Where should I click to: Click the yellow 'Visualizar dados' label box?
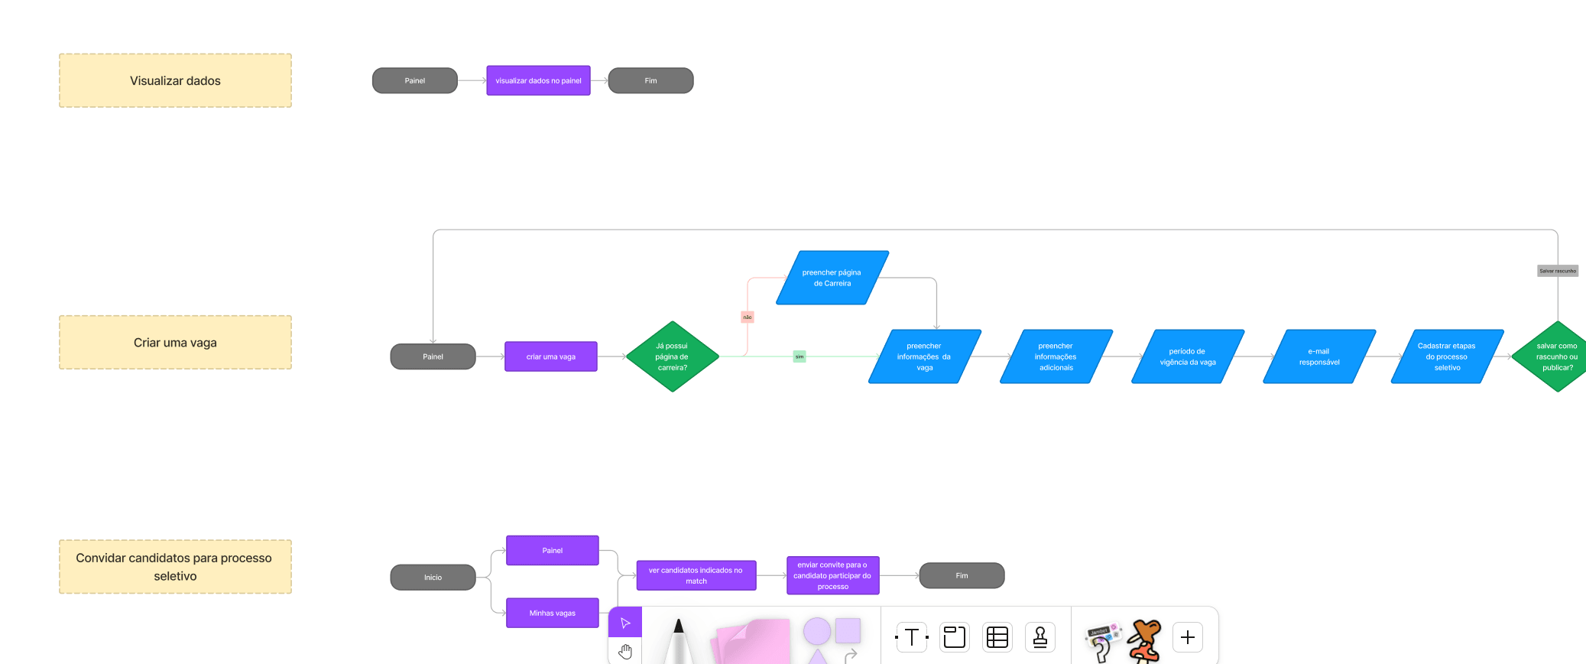click(175, 80)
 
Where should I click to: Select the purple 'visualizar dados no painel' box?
click(538, 80)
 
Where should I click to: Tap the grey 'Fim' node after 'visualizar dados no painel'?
click(650, 80)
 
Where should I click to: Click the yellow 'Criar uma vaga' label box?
click(175, 343)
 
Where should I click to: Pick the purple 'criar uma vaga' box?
click(550, 356)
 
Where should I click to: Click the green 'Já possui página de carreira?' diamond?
click(672, 356)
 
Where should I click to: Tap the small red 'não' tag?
click(748, 317)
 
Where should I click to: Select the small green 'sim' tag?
click(799, 356)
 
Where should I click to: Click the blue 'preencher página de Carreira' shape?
click(832, 278)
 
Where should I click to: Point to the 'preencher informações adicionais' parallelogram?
click(1056, 356)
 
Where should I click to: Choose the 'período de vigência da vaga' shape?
click(1188, 356)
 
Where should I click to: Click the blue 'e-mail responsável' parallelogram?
click(1319, 356)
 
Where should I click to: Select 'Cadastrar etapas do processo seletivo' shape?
click(1447, 356)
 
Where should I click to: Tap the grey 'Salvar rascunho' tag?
click(1558, 271)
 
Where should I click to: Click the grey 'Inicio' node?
click(433, 577)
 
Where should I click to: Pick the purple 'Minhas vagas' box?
click(553, 613)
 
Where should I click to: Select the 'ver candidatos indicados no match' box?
click(696, 575)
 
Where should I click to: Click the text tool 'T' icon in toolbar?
click(911, 637)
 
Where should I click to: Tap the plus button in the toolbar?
click(1188, 637)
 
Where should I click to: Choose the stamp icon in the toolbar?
click(1039, 637)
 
